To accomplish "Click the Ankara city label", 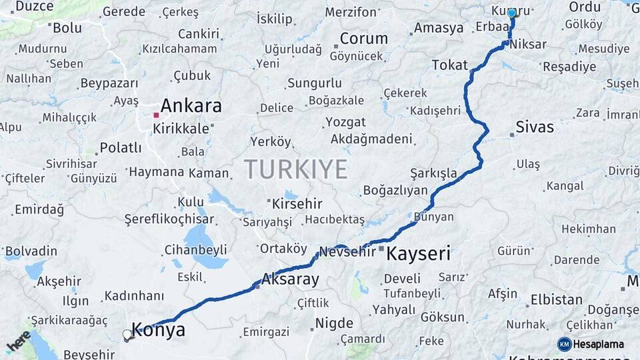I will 191,106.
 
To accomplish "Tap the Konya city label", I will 158,329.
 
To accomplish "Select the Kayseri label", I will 419,253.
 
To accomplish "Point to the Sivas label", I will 535,127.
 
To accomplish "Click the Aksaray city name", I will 290,279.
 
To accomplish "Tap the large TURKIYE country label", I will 295,169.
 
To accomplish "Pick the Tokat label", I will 450,65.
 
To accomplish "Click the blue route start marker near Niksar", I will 511,13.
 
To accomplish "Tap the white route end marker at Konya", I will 127,335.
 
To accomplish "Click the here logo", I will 18,341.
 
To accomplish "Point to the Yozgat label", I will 345,123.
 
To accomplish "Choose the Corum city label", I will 363,39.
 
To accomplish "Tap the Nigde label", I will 334,323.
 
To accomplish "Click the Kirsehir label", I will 297,203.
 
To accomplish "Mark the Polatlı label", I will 121,147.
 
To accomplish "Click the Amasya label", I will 439,28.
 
